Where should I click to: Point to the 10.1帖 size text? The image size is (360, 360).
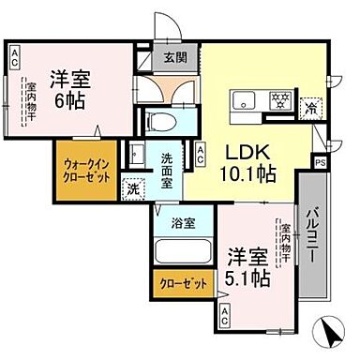(247, 175)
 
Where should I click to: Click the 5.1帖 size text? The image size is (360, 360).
(248, 278)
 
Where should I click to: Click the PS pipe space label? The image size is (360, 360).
(321, 163)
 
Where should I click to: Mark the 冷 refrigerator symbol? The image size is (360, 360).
(310, 108)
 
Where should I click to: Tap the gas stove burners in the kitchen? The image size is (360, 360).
(280, 100)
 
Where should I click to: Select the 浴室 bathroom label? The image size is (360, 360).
(183, 223)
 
